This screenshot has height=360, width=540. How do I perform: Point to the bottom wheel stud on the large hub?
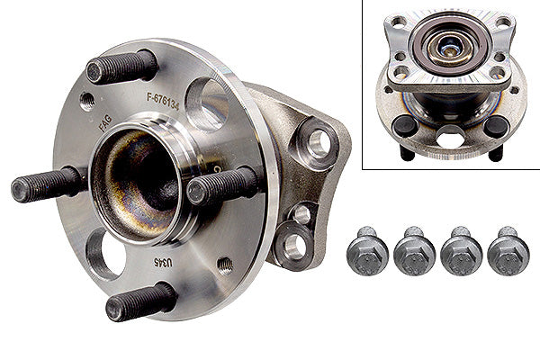tap(140, 302)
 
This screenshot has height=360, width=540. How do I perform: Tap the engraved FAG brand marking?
tap(105, 126)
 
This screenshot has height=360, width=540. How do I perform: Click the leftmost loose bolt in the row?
tap(367, 251)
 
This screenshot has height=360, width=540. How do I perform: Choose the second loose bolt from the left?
tap(414, 251)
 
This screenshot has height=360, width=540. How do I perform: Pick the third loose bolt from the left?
tap(460, 251)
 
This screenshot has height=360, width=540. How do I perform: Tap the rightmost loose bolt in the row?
tap(508, 251)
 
